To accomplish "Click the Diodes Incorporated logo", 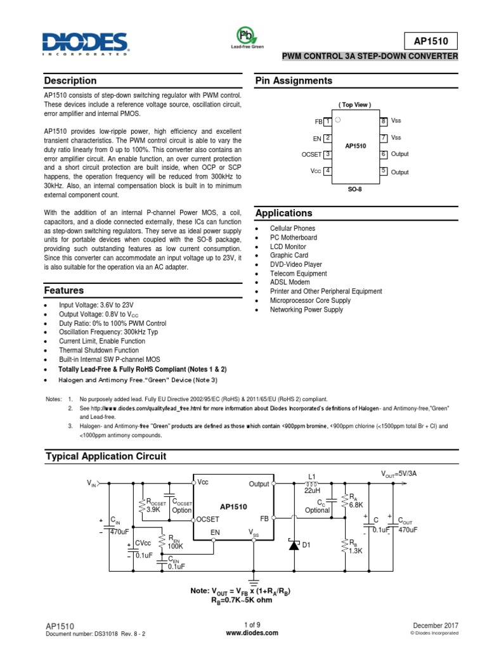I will coord(85,44).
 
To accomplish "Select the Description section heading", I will coord(70,80).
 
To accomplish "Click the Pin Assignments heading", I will coord(294,80).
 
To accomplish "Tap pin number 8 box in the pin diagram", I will coord(384,120).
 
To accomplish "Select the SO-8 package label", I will coord(355,188).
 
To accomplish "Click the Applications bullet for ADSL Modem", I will coord(290,282).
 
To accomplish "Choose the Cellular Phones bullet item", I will coord(292,228).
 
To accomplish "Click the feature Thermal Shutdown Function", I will coord(98,350).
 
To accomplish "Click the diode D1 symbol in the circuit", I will coord(294,545).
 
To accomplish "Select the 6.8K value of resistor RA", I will coord(355,504).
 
